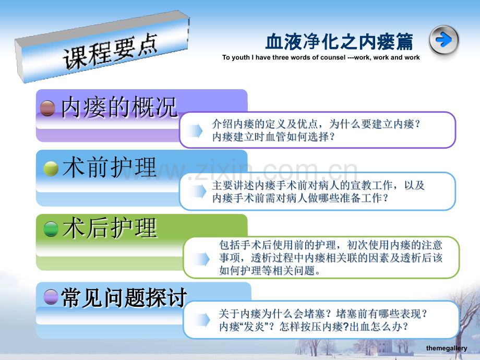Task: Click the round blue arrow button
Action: pyautogui.click(x=444, y=40)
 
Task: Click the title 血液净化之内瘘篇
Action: pyautogui.click(x=339, y=42)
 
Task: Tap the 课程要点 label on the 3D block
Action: pyautogui.click(x=110, y=52)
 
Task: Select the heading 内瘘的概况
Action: pyautogui.click(x=119, y=107)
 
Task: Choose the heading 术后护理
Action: pyautogui.click(x=109, y=228)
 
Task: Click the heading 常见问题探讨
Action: pyautogui.click(x=124, y=297)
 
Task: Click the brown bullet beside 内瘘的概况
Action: pyautogui.click(x=48, y=109)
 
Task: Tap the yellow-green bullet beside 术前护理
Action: pyautogui.click(x=51, y=169)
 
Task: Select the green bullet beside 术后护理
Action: pyautogui.click(x=51, y=229)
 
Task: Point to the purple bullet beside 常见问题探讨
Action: pyautogui.click(x=51, y=297)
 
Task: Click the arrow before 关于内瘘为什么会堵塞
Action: pyautogui.click(x=202, y=320)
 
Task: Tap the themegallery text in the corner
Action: pyautogui.click(x=447, y=349)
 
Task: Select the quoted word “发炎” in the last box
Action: pyautogui.click(x=255, y=327)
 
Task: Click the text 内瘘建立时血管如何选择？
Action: pyautogui.click(x=273, y=137)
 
